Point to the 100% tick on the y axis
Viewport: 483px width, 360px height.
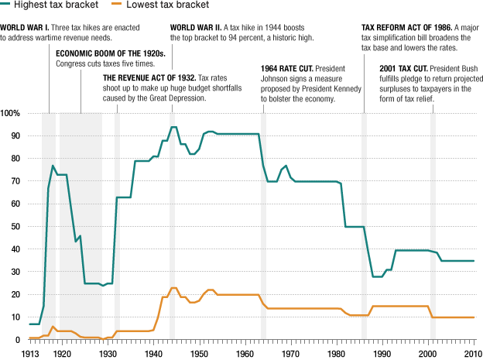click(x=11, y=114)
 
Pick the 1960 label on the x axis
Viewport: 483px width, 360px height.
click(x=245, y=352)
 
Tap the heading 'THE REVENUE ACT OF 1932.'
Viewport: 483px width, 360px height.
click(x=149, y=78)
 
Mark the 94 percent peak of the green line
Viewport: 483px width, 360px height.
click(x=173, y=127)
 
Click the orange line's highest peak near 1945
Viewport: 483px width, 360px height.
click(x=173, y=288)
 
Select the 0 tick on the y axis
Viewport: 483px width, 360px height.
click(x=19, y=340)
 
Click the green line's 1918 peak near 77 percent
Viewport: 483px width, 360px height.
click(x=53, y=166)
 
